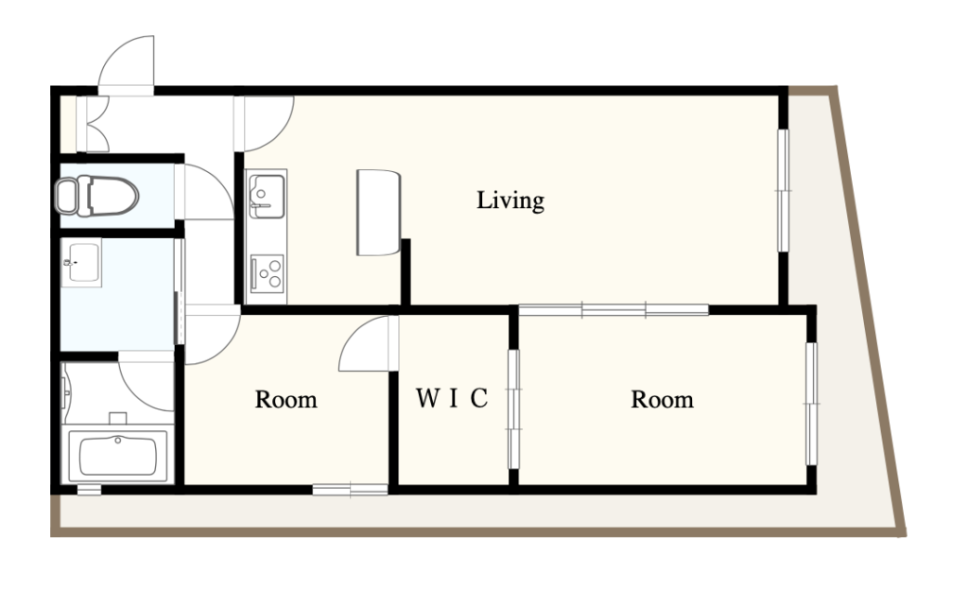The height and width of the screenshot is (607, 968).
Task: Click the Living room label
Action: point(510,200)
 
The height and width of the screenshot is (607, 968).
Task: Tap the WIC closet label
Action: point(452,398)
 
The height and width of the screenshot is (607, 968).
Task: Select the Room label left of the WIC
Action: point(285,400)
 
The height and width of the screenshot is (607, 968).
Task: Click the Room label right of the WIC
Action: point(662,400)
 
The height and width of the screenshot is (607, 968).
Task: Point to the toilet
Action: point(96,196)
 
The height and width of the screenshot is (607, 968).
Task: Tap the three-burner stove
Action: point(268,273)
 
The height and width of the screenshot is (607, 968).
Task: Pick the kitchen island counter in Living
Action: point(378,213)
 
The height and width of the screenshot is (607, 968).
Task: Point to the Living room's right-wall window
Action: point(783,190)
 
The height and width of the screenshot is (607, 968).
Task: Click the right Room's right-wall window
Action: point(812,404)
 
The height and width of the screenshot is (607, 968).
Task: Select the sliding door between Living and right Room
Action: point(614,310)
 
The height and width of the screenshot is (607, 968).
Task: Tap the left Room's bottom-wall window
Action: point(350,490)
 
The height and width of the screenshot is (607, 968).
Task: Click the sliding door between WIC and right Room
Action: point(513,409)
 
